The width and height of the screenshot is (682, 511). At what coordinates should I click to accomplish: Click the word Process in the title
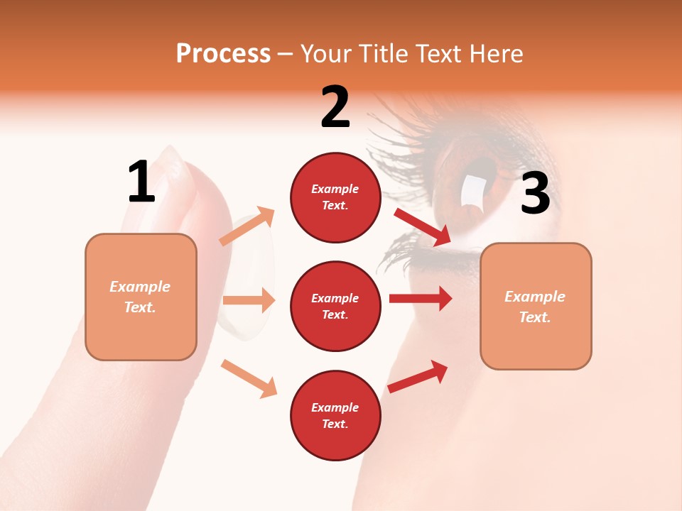pos(223,53)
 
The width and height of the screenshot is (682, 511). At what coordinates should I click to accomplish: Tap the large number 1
pos(141,182)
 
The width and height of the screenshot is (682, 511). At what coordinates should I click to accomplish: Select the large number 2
pos(335,107)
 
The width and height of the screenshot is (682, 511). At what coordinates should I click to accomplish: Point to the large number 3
pos(535,194)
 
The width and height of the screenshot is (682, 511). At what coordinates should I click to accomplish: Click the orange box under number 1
pos(141,297)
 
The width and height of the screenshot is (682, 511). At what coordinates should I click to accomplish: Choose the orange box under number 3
pos(536,306)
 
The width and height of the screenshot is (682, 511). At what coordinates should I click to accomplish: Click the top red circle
pos(335,197)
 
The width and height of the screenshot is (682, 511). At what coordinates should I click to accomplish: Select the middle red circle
pos(335,306)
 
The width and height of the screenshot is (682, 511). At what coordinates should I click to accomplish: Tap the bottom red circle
pos(335,415)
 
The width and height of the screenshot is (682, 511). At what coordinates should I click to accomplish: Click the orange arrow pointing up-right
pos(247,226)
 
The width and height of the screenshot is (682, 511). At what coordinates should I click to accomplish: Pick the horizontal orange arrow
pos(248,300)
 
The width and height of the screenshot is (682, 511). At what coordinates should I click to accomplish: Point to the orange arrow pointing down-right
pos(249,378)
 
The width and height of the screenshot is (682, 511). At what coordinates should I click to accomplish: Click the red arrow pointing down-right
pos(423,227)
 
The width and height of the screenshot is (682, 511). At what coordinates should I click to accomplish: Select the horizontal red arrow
pos(421,298)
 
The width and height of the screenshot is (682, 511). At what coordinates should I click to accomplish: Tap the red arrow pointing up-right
pos(418,376)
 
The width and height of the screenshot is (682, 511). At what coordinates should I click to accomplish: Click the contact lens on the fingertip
pos(249,277)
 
